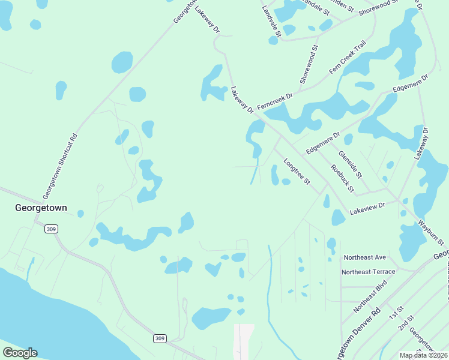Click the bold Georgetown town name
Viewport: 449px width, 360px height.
(41, 208)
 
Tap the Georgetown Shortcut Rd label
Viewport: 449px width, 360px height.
(61, 166)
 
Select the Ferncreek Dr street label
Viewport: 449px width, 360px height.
(275, 101)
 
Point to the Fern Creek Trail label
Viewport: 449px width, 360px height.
(348, 58)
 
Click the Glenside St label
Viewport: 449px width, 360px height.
(350, 164)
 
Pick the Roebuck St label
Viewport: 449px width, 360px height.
(342, 178)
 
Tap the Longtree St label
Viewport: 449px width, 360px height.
(297, 172)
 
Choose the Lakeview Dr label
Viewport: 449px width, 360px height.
(367, 208)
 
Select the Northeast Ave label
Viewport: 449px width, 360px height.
(364, 257)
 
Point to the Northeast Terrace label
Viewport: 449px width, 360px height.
(369, 272)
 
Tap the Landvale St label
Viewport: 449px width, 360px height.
(271, 24)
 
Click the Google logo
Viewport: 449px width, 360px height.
(20, 353)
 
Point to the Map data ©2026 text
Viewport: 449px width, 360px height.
(423, 355)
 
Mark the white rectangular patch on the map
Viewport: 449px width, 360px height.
(244, 341)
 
